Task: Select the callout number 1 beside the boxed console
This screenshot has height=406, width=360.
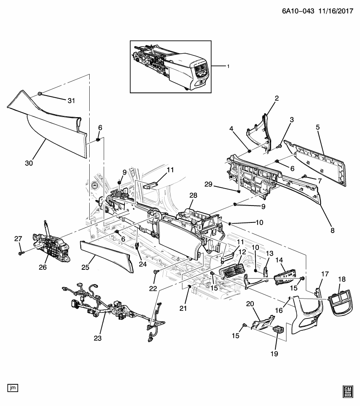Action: click(x=228, y=66)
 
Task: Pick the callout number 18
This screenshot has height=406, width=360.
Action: click(x=342, y=279)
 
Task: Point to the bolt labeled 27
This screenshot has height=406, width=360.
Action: click(x=21, y=253)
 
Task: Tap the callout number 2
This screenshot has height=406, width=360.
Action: click(x=277, y=99)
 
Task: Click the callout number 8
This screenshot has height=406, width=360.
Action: click(x=333, y=230)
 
